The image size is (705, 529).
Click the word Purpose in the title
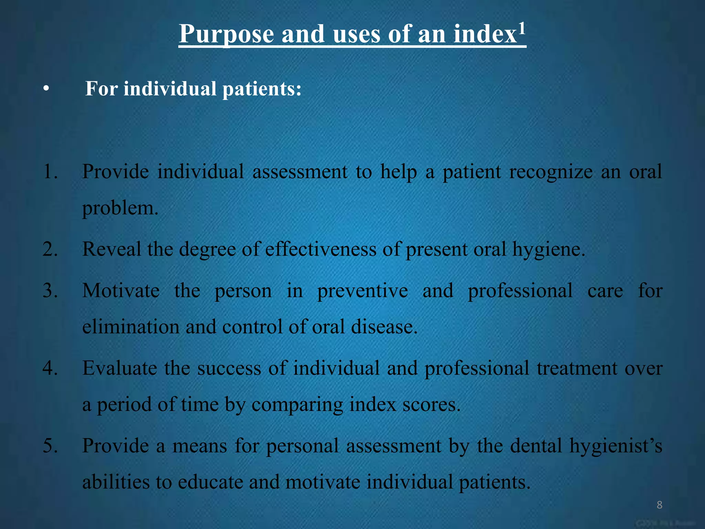click(226, 34)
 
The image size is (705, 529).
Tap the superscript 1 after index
click(522, 28)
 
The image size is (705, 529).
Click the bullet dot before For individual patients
click(46, 89)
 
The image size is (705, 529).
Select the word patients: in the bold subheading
click(262, 89)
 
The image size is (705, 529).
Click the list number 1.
click(50, 172)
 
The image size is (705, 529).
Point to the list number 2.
click(50, 249)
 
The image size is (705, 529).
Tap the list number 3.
click(50, 290)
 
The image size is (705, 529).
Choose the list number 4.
click(50, 368)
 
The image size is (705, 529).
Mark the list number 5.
click(50, 445)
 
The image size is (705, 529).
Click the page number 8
click(659, 505)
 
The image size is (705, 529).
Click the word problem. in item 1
click(120, 208)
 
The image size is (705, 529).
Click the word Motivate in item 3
click(121, 290)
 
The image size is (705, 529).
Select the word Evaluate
click(119, 368)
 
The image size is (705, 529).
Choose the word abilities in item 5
click(116, 482)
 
